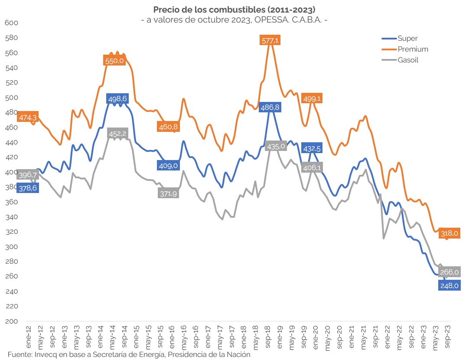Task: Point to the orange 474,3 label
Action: click(x=27, y=118)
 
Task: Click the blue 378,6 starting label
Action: click(x=27, y=188)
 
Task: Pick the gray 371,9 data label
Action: click(x=168, y=193)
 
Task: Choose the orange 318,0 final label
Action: click(x=449, y=233)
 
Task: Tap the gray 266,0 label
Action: click(x=449, y=272)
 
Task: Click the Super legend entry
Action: click(x=407, y=39)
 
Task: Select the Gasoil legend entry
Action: click(x=407, y=60)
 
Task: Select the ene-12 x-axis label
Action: click(x=29, y=335)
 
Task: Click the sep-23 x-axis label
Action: click(x=450, y=335)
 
